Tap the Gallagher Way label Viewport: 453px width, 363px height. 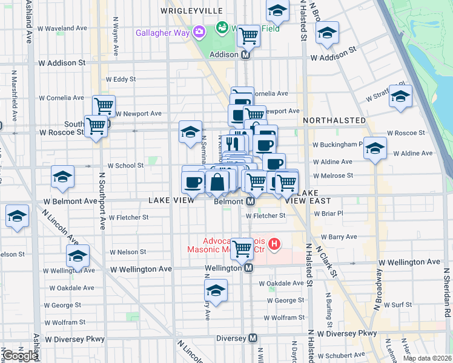click(162, 32)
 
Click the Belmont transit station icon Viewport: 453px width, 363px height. click(250, 201)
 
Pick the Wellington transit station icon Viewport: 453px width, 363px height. click(248, 269)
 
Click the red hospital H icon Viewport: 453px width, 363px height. click(275, 245)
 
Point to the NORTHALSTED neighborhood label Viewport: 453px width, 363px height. click(334, 120)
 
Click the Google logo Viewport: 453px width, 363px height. click(20, 355)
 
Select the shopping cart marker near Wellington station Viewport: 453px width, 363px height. click(242, 247)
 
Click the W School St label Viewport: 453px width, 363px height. click(125, 165)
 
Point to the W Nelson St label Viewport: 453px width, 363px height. click(128, 252)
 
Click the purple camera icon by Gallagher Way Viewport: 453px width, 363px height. click(199, 31)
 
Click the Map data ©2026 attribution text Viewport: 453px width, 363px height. click(426, 358)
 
